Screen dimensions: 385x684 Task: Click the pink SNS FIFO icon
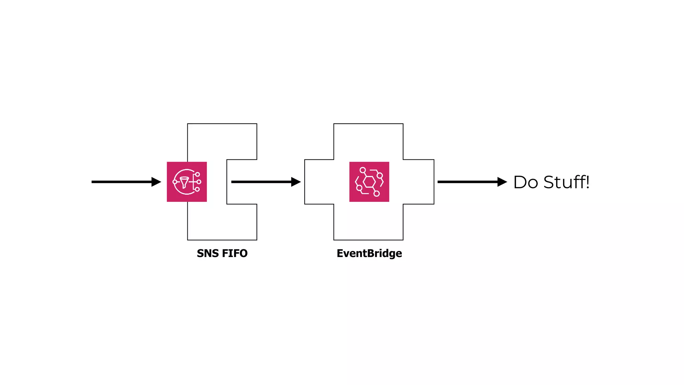tap(187, 182)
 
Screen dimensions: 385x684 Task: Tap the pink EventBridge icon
tap(369, 182)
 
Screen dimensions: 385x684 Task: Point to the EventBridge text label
tap(369, 253)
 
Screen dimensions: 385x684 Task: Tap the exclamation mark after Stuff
tap(587, 182)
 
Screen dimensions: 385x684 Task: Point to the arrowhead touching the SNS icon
tap(156, 182)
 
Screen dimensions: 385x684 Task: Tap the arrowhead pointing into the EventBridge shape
tap(296, 182)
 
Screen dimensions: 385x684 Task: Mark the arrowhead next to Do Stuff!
tap(502, 182)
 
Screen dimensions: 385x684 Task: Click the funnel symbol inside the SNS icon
tap(184, 182)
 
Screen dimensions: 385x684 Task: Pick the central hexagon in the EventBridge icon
tap(369, 182)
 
